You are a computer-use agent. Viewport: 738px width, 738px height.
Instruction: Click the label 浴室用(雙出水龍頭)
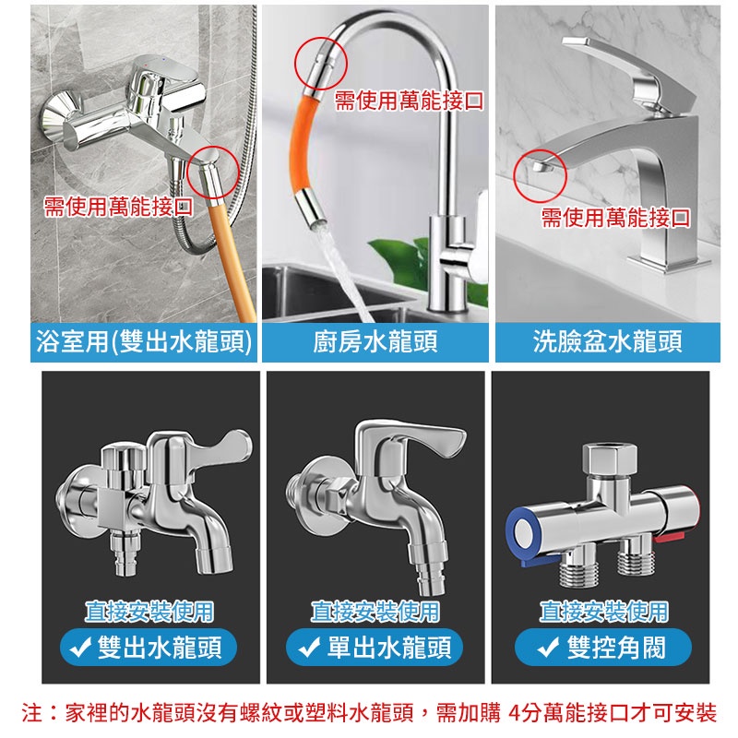tap(144, 341)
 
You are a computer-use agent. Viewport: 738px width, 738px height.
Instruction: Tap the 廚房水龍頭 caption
tap(375, 341)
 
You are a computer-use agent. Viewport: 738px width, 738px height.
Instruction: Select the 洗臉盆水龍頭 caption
tap(608, 341)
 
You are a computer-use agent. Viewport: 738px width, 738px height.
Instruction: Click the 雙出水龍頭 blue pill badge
tap(149, 648)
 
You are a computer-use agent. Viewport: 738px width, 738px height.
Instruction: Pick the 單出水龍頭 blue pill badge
tap(375, 648)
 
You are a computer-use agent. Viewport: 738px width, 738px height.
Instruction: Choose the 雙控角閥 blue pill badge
tap(603, 648)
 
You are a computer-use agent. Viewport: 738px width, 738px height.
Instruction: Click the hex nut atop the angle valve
tap(610, 459)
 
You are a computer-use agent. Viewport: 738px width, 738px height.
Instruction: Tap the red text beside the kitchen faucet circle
tap(409, 101)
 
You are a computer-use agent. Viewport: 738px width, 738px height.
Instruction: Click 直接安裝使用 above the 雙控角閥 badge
tap(603, 612)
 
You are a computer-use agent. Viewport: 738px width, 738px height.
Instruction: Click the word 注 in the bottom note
tap(32, 712)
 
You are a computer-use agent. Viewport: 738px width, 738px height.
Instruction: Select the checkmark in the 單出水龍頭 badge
tap(309, 648)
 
